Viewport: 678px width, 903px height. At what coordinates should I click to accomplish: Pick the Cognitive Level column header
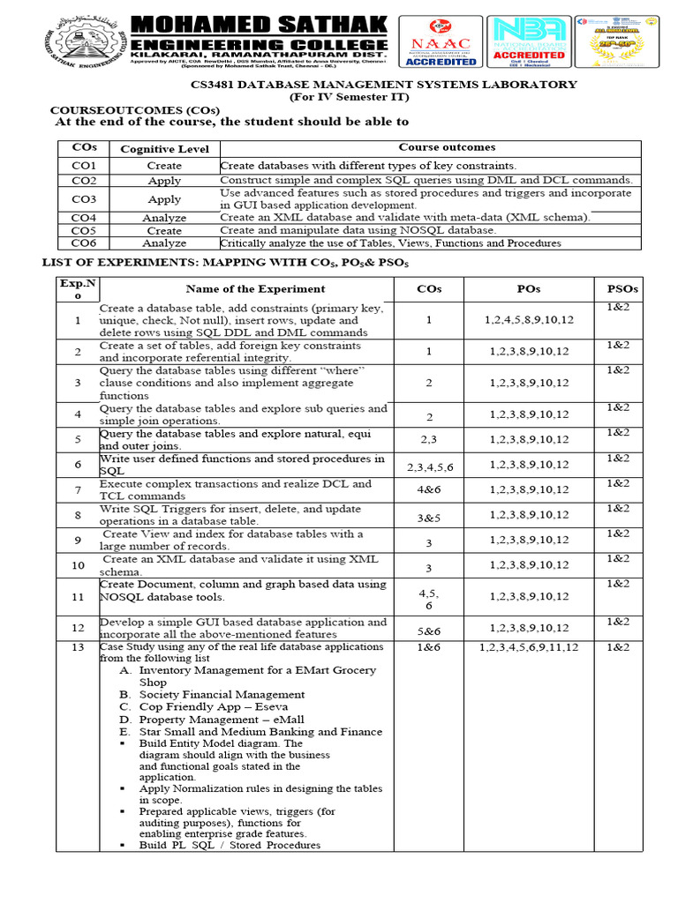point(164,149)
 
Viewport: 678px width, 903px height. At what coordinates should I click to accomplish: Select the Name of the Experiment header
point(255,288)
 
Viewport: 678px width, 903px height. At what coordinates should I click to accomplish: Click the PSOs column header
point(622,288)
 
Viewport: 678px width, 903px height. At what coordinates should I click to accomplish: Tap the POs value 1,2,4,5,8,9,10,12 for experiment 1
point(528,320)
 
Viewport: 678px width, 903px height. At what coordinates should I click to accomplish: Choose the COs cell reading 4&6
point(429,489)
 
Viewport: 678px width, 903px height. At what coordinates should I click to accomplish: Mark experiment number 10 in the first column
point(78,565)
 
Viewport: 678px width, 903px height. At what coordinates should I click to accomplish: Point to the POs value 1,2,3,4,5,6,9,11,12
point(528,647)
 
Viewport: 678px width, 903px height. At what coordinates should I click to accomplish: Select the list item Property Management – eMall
point(222,720)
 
